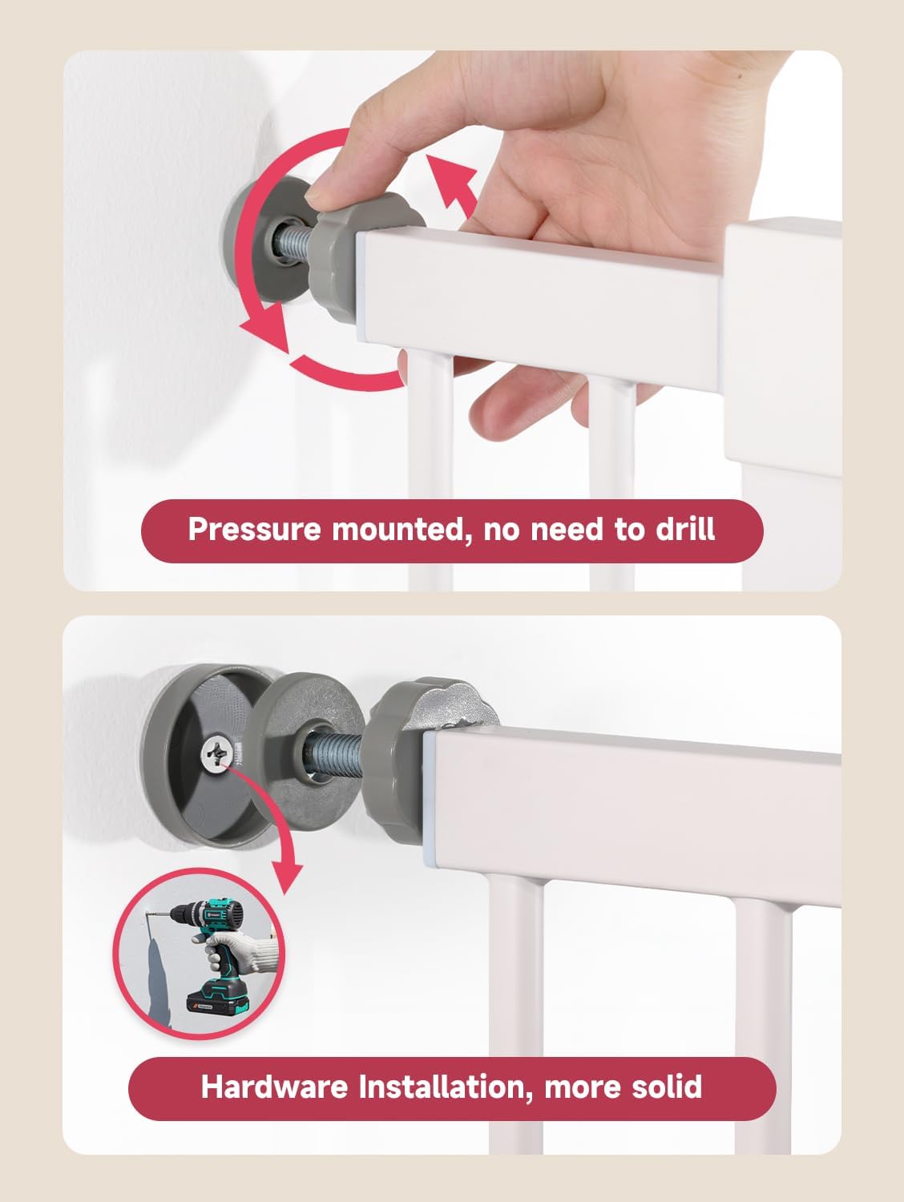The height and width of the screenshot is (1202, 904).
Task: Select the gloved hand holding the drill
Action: coord(240,954)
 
